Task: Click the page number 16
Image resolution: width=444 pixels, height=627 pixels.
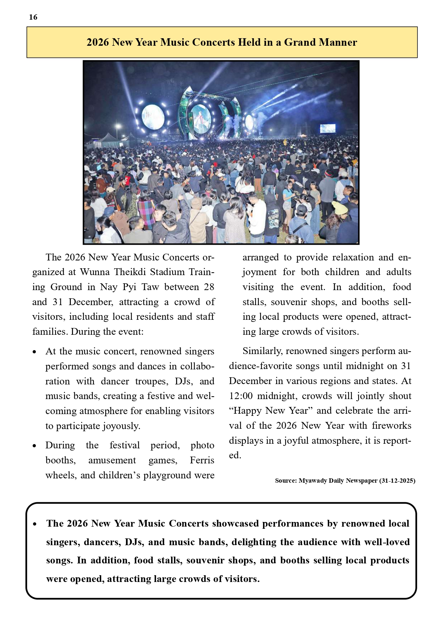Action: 33,17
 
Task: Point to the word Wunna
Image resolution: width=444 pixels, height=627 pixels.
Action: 95,272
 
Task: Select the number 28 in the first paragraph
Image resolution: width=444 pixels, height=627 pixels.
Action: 209,287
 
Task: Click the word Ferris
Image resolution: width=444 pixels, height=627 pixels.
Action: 202,461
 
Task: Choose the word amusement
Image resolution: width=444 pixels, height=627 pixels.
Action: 112,461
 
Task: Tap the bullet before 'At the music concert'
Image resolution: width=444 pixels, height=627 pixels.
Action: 34,352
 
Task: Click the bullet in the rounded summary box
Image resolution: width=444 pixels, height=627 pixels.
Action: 35,524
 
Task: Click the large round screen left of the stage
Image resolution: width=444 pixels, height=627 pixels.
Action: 153,116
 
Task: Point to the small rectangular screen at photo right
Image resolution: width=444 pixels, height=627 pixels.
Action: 327,129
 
